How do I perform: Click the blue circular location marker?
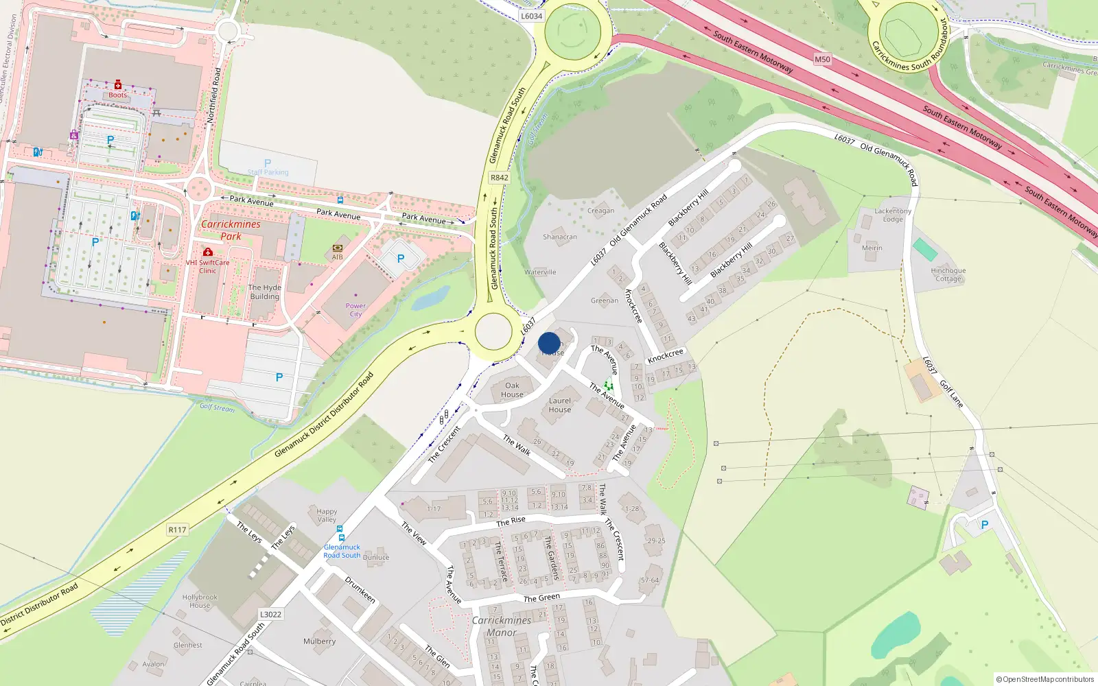point(549,343)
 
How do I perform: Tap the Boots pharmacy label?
point(117,95)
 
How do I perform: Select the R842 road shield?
point(499,178)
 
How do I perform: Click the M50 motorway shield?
point(822,60)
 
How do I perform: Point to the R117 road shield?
point(177,530)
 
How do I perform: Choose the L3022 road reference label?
point(270,615)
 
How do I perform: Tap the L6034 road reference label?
point(531,16)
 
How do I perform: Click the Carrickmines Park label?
point(231,230)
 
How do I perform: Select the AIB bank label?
point(337,257)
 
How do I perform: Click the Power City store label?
point(355,310)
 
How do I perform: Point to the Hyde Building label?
point(264,292)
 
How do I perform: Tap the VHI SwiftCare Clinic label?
point(207,266)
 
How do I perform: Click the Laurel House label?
point(559,405)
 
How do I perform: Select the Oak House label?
point(512,390)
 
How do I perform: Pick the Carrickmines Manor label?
point(501,626)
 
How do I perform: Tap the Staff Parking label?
point(268,172)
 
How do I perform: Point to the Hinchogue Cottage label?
point(948,274)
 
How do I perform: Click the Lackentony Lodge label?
point(892,215)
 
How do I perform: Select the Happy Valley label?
point(327,515)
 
